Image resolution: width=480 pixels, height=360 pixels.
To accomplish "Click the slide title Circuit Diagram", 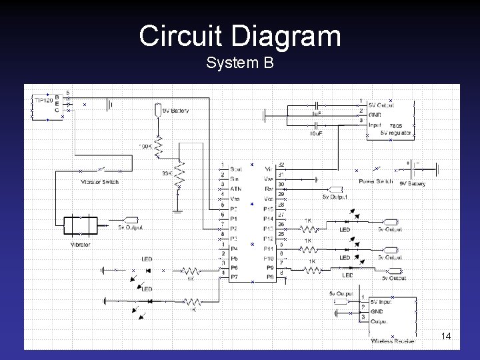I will click(x=240, y=36).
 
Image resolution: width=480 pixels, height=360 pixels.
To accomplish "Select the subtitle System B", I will click(x=240, y=63).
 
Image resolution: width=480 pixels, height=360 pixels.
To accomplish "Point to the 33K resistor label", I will click(x=167, y=173).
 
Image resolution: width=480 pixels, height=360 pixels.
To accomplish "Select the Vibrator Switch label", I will click(x=99, y=181).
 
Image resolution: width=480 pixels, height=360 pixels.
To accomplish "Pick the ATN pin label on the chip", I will click(x=236, y=189).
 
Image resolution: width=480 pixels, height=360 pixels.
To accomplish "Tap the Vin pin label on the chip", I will click(x=269, y=169).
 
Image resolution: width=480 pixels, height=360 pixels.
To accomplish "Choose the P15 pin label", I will click(x=268, y=209).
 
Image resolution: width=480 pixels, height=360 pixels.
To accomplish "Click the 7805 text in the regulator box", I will click(x=395, y=125).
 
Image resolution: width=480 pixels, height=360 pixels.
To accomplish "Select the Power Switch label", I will click(x=376, y=181).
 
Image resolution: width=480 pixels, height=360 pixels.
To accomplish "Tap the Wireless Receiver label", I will click(x=393, y=341).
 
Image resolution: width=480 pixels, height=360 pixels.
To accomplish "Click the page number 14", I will click(x=446, y=336).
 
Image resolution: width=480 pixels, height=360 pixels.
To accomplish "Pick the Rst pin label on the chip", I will click(x=269, y=189).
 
